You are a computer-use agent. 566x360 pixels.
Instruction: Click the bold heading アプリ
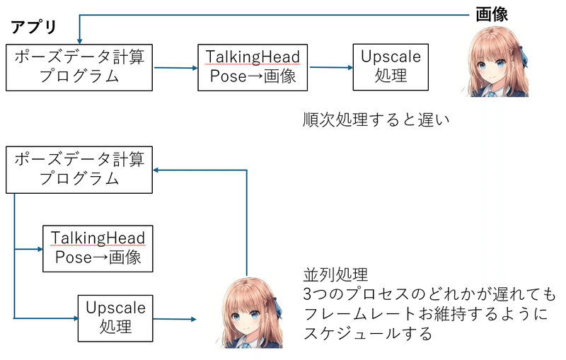pyautogui.click(x=33, y=27)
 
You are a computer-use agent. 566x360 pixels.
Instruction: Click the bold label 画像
pyautogui.click(x=492, y=14)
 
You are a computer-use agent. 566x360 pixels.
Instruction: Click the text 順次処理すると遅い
pyautogui.click(x=376, y=120)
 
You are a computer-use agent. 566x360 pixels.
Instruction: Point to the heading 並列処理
pyautogui.click(x=335, y=275)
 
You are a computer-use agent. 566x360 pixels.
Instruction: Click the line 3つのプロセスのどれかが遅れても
pyautogui.click(x=429, y=294)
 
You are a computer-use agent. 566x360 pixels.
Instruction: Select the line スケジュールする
pyautogui.click(x=368, y=333)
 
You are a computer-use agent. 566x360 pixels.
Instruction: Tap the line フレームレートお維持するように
pyautogui.click(x=426, y=314)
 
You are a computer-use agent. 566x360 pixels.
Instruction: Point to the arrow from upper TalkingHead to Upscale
pyautogui.click(x=331, y=67)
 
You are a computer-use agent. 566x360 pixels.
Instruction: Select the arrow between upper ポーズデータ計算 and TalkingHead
pyautogui.click(x=175, y=68)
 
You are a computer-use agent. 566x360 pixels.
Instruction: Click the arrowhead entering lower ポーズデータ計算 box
pyautogui.click(x=156, y=170)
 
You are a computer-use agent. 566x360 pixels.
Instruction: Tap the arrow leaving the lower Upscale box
pyautogui.click(x=175, y=319)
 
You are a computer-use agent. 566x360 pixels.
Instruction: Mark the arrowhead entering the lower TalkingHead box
pyautogui.click(x=40, y=249)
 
